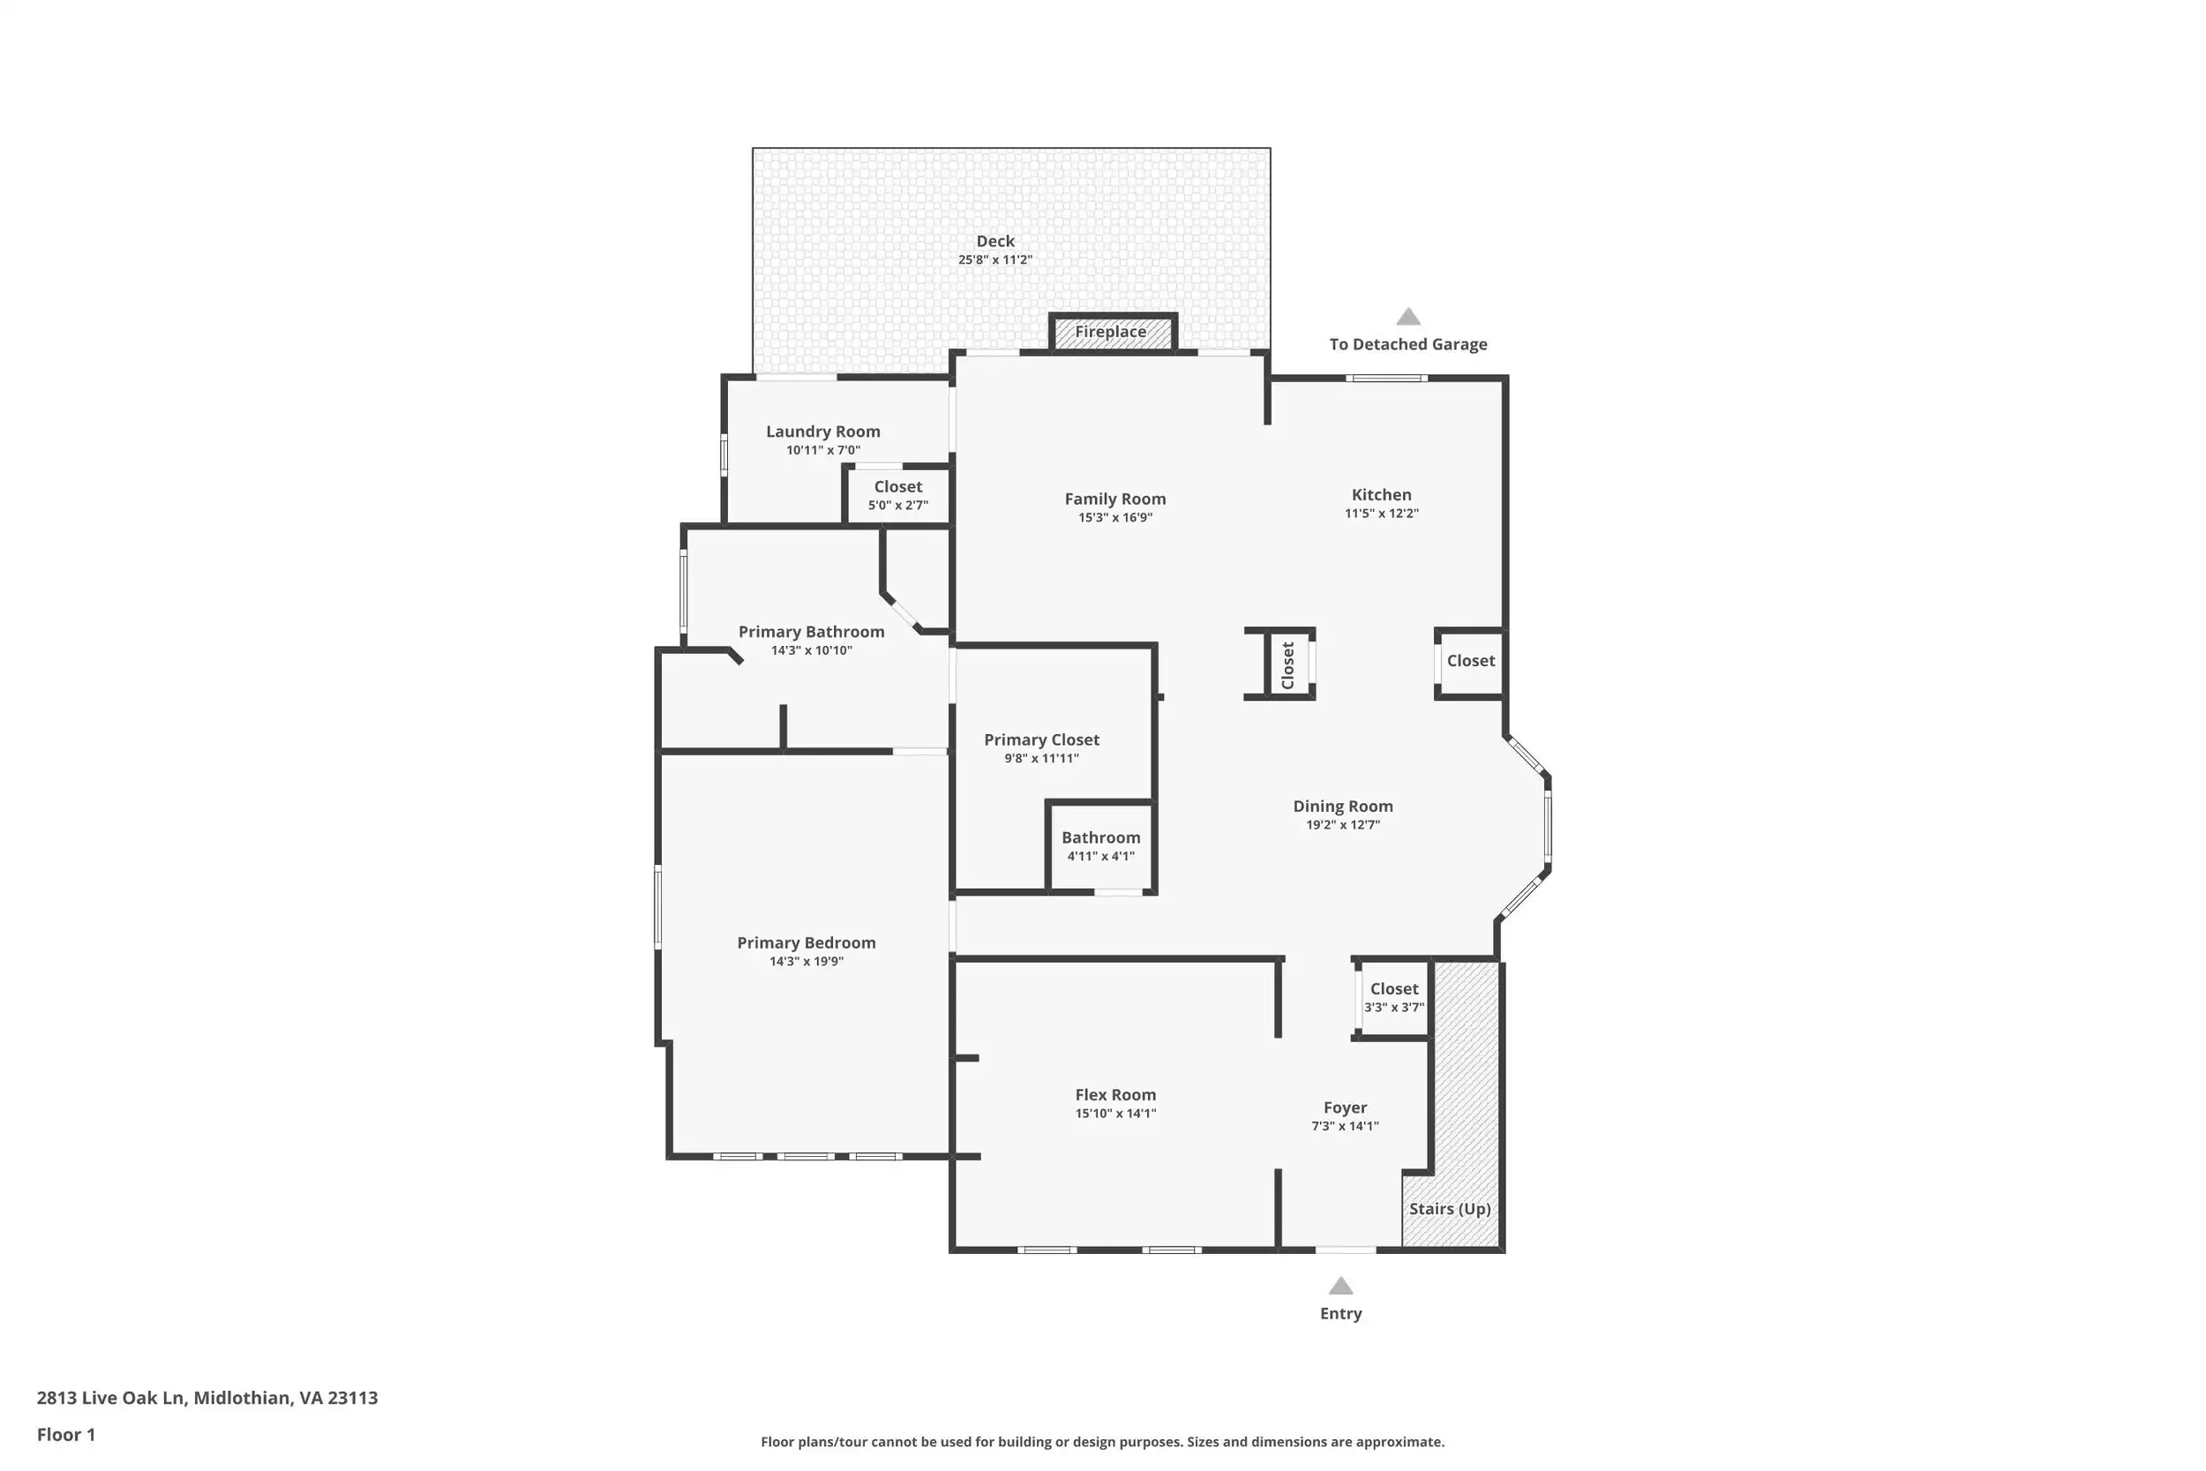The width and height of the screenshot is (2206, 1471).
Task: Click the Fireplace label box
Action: [1112, 332]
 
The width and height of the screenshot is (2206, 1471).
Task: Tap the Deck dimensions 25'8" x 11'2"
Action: [995, 259]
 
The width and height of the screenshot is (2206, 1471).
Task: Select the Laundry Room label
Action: [823, 432]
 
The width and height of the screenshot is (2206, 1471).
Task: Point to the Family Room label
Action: [1115, 499]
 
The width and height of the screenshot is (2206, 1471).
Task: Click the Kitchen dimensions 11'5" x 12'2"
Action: [1382, 514]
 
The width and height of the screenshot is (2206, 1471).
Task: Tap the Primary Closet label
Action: [1041, 740]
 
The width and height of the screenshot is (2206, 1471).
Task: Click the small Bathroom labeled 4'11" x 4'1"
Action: [1101, 847]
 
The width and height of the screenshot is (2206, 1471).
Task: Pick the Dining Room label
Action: [1343, 807]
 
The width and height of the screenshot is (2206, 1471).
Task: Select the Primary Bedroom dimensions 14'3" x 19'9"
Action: [807, 962]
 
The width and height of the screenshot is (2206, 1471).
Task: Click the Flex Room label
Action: [1115, 1095]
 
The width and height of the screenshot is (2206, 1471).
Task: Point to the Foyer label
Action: [1345, 1108]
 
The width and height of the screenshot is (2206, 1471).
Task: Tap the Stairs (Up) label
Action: [1450, 1208]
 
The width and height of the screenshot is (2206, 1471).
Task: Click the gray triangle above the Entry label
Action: [1341, 1287]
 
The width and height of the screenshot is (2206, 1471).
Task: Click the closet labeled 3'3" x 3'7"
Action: [1394, 999]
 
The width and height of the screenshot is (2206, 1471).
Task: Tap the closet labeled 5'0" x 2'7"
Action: [898, 494]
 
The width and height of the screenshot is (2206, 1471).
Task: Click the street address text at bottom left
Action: [207, 1398]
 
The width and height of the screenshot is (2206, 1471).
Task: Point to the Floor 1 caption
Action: [65, 1435]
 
